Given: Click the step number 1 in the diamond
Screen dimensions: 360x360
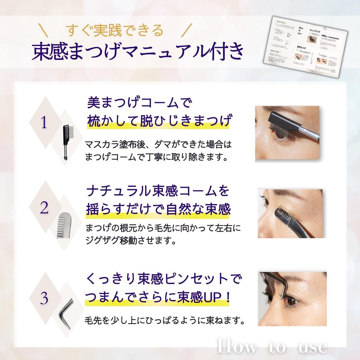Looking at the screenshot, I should coord(44,123).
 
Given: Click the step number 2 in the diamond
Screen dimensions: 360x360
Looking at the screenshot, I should coord(44,208).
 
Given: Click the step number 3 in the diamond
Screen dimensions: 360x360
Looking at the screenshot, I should coord(44,298).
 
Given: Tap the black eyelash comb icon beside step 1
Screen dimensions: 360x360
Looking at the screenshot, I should coord(66,143).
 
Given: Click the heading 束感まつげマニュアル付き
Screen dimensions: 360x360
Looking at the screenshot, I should coord(137,51).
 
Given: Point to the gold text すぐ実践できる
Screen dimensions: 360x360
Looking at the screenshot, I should coord(115,31).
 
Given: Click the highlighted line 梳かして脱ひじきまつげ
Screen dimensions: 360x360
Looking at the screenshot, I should coord(159,121).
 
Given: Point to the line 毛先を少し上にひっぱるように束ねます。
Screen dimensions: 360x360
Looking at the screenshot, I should coord(165,321).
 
